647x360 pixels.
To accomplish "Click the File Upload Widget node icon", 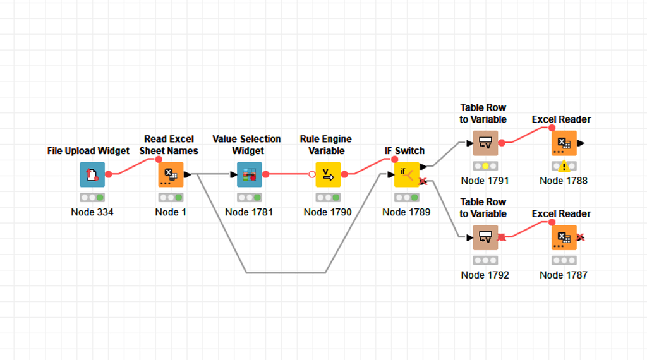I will [x=92, y=175].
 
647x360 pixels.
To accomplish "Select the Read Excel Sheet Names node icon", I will [x=171, y=175].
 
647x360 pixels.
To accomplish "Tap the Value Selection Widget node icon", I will [x=249, y=175].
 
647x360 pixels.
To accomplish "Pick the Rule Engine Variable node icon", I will [x=328, y=175].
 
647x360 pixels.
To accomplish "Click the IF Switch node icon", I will [x=406, y=175].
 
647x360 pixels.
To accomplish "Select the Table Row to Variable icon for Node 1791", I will [x=485, y=143].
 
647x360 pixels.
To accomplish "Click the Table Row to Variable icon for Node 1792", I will [x=485, y=238].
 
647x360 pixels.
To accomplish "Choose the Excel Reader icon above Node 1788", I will [x=564, y=143].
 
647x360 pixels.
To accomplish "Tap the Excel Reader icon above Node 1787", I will [x=564, y=238].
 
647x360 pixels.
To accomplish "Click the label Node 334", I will [x=92, y=212].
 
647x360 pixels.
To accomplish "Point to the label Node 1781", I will [x=249, y=212].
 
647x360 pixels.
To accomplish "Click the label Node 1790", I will [x=327, y=212].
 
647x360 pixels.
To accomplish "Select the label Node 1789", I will [x=406, y=212].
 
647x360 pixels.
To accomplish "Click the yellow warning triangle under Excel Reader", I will [x=564, y=167].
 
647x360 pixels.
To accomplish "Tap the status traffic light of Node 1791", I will [x=485, y=166].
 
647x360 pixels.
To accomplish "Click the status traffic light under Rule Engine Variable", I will [x=328, y=198].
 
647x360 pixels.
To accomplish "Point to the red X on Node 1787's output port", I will [x=580, y=237].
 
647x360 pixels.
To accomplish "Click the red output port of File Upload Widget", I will [x=109, y=174].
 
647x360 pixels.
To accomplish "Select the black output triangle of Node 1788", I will [x=581, y=143].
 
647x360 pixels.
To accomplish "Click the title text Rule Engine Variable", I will [x=326, y=145].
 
